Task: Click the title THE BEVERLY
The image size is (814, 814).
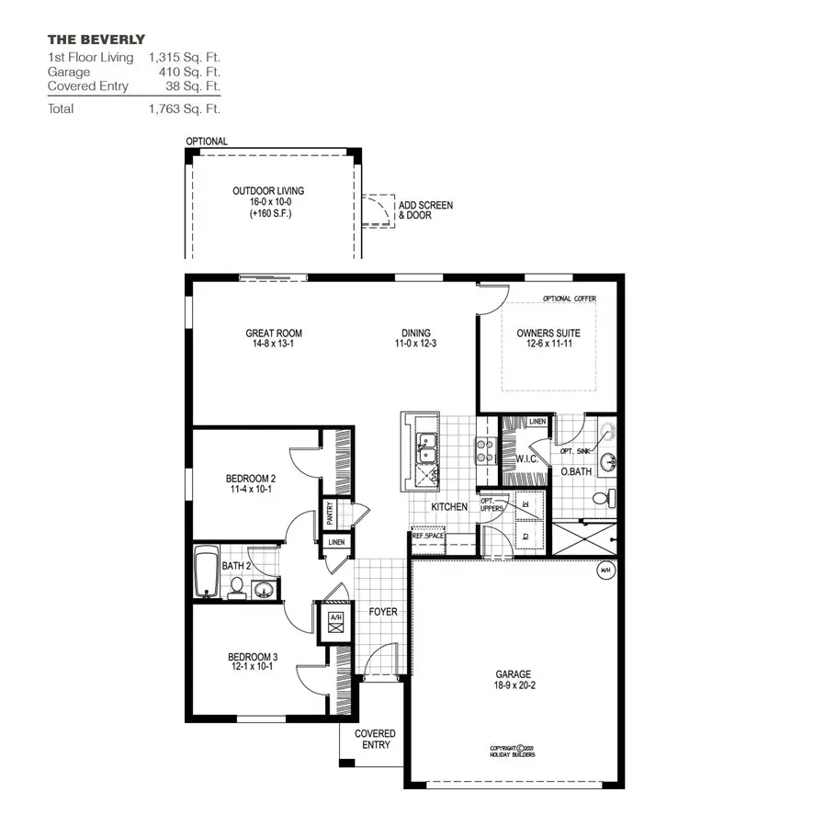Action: point(96,40)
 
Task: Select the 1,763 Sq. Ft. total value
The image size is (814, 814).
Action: point(184,108)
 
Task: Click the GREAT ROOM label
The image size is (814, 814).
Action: point(273,334)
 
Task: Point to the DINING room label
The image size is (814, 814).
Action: point(415,334)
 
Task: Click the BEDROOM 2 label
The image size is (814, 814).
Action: point(251,479)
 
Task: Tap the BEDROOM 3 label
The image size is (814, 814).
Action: point(252,657)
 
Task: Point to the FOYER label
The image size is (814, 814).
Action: point(382,611)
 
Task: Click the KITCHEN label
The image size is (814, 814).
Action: point(450,507)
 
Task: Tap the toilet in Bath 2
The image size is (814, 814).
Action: point(236,586)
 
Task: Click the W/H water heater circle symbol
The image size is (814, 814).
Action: point(605,569)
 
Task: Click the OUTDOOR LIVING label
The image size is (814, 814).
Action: point(268,191)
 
